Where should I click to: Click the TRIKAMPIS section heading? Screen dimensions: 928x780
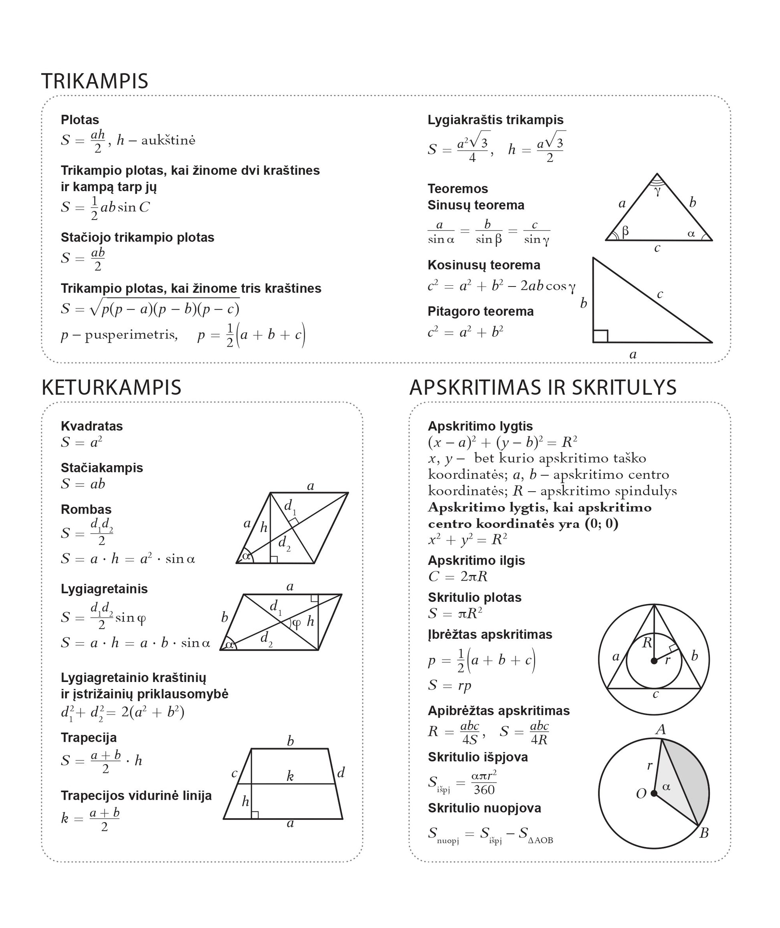95,81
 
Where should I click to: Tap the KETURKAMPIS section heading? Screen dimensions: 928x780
111,388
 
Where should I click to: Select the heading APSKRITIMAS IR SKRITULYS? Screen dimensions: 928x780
543,388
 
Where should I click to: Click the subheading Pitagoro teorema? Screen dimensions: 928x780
480,312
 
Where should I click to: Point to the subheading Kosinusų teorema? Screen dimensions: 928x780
483,265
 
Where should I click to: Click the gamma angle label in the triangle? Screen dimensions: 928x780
657,191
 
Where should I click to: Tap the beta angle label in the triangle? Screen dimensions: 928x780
625,231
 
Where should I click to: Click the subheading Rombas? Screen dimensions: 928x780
86,509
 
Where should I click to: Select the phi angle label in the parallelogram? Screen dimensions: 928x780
296,623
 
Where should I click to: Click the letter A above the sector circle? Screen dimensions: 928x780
660,730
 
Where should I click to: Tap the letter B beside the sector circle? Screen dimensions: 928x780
704,833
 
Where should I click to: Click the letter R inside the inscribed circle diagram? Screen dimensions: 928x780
647,642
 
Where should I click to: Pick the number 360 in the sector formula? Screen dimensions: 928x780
484,790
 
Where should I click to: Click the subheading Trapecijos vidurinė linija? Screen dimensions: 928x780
136,796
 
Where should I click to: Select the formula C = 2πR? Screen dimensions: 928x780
458,577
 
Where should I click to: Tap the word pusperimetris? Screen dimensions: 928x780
131,335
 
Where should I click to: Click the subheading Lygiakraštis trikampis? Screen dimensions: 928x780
495,120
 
